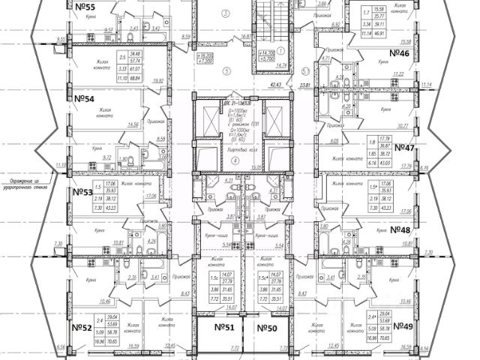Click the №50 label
[266, 328]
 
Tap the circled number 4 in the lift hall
[234, 160]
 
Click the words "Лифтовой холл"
[234, 151]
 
